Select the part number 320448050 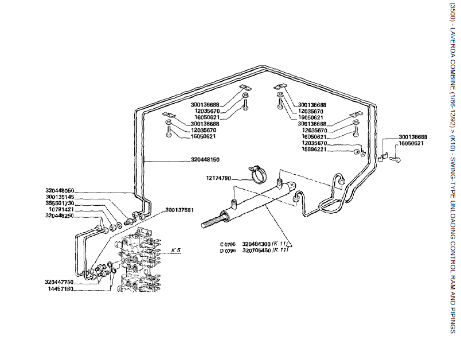60,190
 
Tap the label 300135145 60,197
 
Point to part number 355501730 60,204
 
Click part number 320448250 60,216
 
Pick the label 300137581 179,210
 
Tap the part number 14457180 61,289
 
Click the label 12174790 218,178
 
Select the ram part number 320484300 256,243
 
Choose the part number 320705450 256,250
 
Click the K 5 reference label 176,250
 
